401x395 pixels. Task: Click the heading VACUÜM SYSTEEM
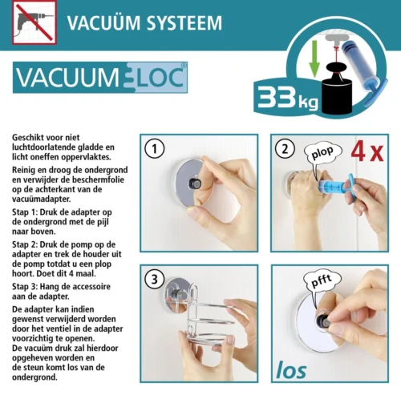(144, 23)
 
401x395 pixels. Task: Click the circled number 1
(154, 149)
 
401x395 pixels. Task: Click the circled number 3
(154, 280)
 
